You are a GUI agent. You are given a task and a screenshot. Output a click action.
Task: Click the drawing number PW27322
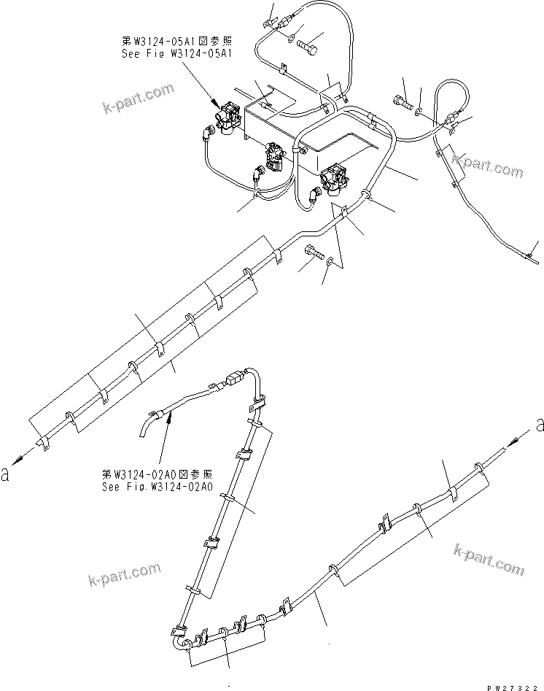(x=513, y=684)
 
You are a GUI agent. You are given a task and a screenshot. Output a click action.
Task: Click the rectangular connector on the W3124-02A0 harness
(x=234, y=380)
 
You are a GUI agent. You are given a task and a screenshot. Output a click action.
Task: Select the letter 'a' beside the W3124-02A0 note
(x=7, y=475)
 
